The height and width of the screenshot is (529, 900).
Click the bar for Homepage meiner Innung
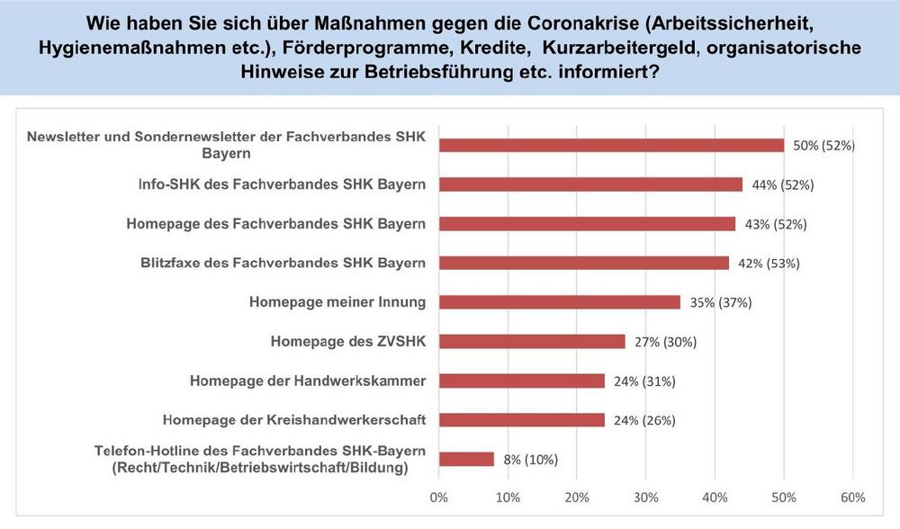(x=559, y=302)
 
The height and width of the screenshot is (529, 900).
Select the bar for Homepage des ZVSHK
(x=532, y=342)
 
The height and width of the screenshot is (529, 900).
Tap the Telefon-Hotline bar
(x=466, y=459)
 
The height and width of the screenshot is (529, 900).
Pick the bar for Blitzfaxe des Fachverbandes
(x=583, y=263)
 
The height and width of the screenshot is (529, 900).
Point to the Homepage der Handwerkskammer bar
(x=521, y=381)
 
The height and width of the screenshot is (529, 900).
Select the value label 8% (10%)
(x=530, y=460)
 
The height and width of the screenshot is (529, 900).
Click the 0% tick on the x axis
(x=439, y=498)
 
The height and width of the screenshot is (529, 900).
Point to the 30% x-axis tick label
(x=646, y=498)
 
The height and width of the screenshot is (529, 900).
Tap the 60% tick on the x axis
(x=852, y=498)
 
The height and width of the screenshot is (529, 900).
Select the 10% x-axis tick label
(x=508, y=498)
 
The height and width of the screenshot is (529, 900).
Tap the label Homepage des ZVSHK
(x=347, y=341)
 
